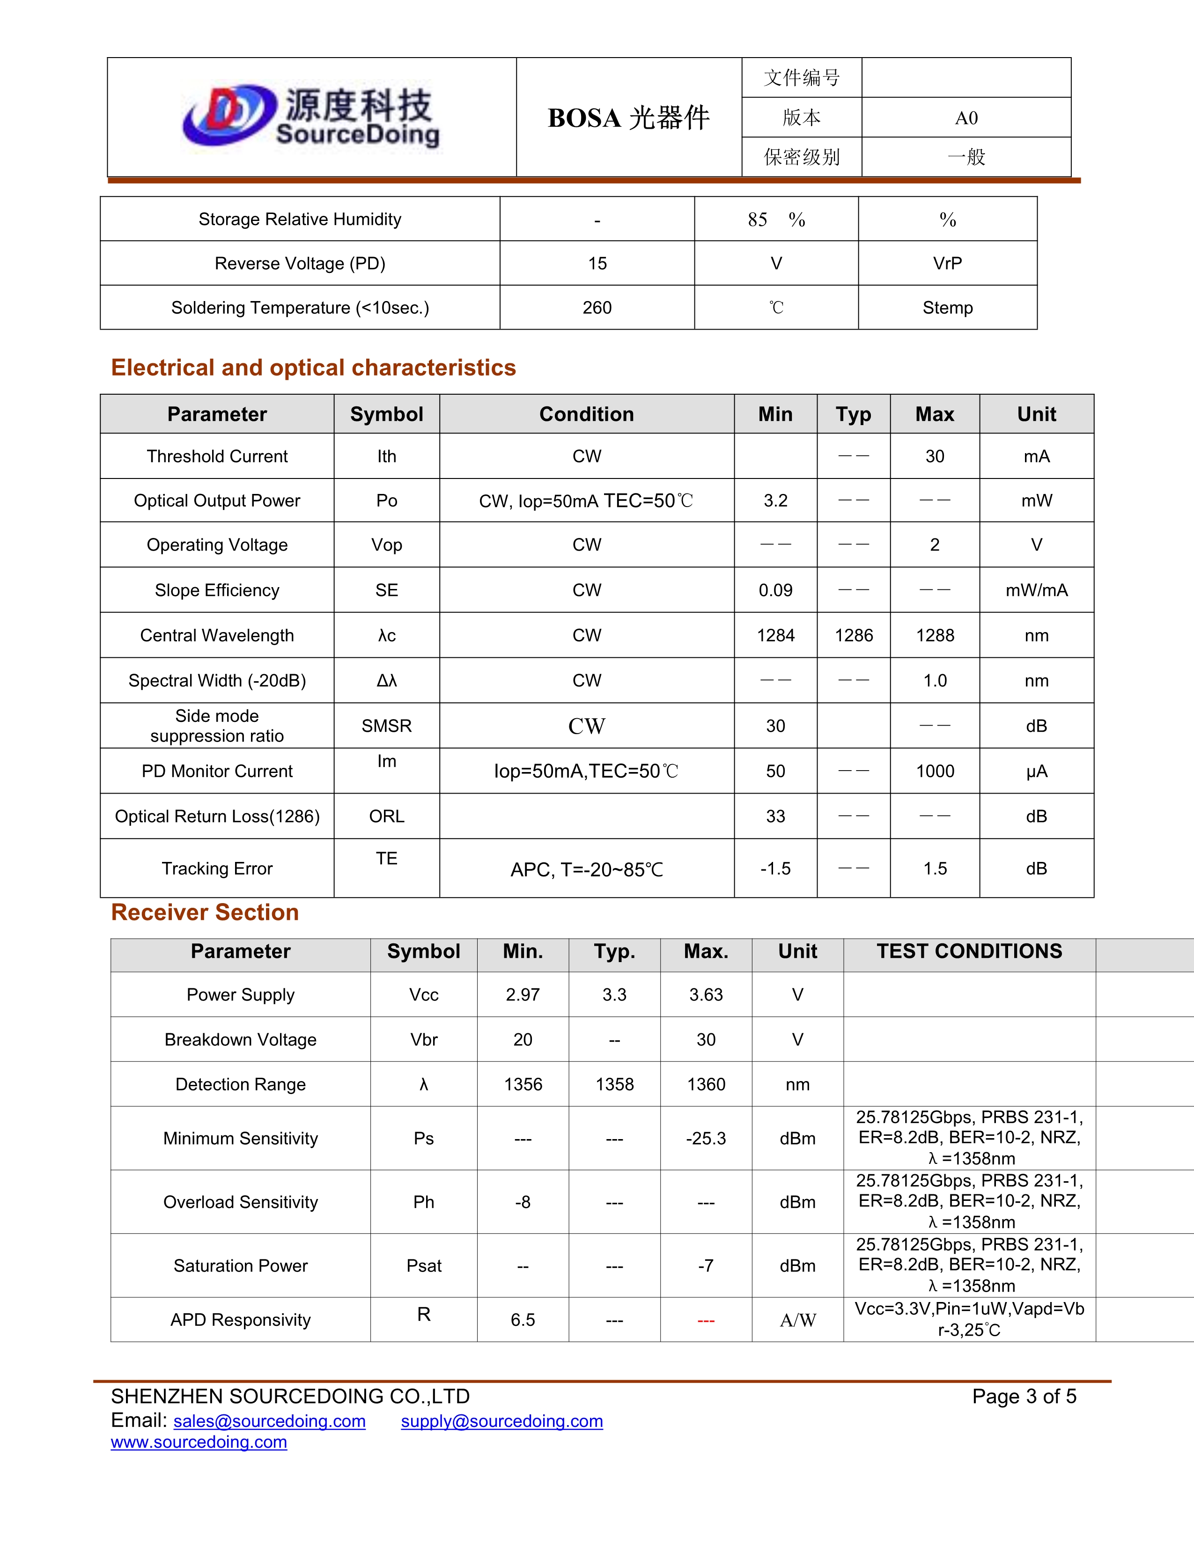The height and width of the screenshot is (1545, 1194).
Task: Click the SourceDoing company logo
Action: click(x=311, y=117)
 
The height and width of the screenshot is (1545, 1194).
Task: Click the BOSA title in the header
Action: click(x=628, y=118)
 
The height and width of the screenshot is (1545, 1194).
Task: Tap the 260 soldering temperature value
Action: click(x=597, y=308)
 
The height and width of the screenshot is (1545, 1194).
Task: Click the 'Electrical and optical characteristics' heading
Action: click(x=313, y=368)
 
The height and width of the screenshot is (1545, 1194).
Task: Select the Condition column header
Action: click(x=586, y=414)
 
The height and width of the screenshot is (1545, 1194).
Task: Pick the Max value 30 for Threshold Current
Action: click(x=935, y=456)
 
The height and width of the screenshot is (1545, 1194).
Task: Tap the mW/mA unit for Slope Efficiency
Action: click(x=1036, y=590)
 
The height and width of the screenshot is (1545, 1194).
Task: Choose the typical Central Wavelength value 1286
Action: click(x=854, y=635)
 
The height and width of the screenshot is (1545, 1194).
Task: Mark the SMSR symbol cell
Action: click(x=386, y=726)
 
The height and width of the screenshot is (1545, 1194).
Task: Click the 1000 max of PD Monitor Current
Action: click(x=935, y=771)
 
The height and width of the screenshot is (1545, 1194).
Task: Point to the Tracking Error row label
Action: click(x=217, y=868)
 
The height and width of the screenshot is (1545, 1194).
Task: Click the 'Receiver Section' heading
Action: click(x=205, y=912)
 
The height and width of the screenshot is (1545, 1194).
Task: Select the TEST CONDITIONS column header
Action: click(x=969, y=951)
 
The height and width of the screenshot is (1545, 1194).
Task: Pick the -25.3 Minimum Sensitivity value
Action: click(x=706, y=1138)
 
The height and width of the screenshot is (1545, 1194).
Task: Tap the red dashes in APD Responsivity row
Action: click(x=706, y=1321)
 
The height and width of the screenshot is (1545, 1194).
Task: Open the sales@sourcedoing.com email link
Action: click(x=270, y=1421)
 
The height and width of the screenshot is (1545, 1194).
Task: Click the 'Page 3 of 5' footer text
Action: click(x=1024, y=1397)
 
